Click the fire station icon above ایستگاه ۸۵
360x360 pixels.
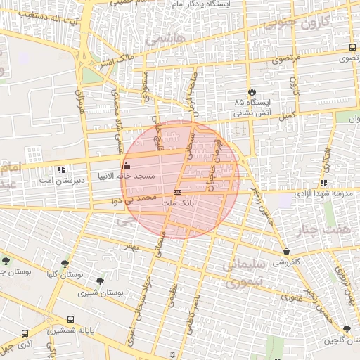(x=252, y=92)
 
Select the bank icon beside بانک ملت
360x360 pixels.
(x=177, y=192)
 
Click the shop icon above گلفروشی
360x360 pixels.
(x=286, y=251)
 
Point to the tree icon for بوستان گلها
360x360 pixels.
(x=65, y=264)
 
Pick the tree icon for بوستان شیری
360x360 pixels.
(x=104, y=281)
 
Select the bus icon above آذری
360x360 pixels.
(x=26, y=334)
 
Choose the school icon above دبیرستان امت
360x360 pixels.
(x=62, y=169)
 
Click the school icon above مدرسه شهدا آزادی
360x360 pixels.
(x=323, y=183)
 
